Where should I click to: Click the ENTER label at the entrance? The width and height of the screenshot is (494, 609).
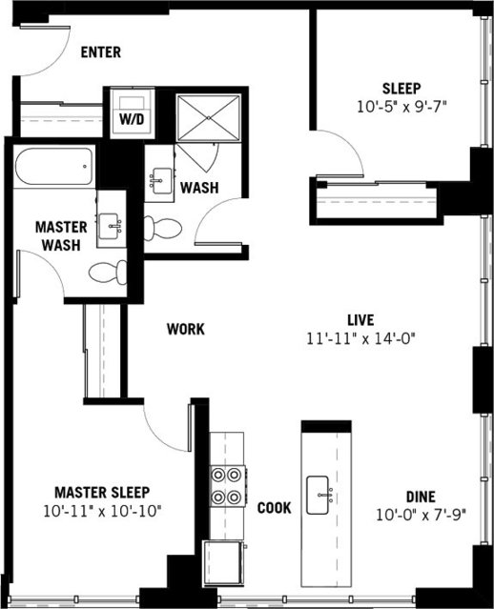(100, 51)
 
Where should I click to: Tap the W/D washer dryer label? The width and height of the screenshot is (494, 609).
(127, 121)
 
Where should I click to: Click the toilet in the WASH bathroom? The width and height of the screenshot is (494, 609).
(163, 228)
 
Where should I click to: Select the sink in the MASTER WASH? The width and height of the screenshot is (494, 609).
(113, 224)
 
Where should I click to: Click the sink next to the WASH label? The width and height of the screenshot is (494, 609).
(159, 179)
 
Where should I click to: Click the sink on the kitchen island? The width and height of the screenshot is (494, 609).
(321, 495)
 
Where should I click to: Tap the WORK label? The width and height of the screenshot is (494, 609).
(186, 329)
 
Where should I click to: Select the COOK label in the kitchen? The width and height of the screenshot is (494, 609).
(274, 508)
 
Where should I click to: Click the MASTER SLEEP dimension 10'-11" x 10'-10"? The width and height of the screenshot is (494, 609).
(101, 511)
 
